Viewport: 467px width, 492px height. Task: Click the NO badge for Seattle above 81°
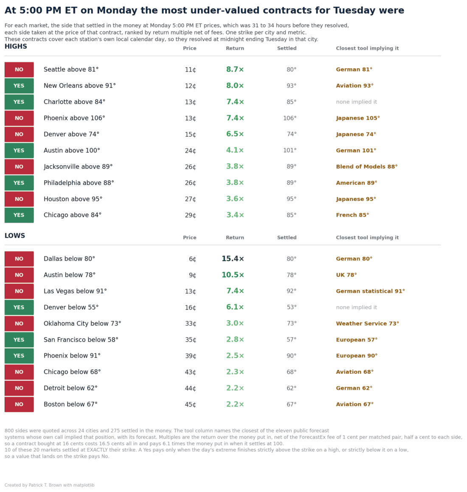(x=19, y=69)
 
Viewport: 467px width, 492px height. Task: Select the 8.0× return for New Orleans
(x=235, y=86)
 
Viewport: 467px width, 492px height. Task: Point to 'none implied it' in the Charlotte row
(x=356, y=102)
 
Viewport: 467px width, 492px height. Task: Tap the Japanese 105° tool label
(x=358, y=118)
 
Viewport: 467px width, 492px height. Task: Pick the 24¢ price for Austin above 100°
(x=190, y=150)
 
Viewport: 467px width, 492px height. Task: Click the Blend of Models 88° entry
(x=367, y=167)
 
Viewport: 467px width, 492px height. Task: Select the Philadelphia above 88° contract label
(x=79, y=183)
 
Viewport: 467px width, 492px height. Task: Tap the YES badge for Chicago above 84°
(x=19, y=215)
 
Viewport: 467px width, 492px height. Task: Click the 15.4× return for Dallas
(x=233, y=259)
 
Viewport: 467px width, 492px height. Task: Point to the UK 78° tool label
(x=346, y=275)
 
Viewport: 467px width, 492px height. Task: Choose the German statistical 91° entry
(x=370, y=291)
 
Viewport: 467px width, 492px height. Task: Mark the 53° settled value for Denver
(x=291, y=307)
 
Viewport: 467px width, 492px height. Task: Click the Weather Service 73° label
(x=367, y=323)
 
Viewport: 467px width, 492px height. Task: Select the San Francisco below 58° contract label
(x=81, y=339)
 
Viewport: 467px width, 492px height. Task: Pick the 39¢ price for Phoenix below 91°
(x=190, y=356)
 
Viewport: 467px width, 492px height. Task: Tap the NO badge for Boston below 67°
(x=19, y=404)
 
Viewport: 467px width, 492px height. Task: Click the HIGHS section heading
(x=16, y=46)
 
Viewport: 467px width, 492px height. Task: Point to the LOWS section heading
(x=15, y=236)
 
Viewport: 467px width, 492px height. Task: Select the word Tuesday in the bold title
(x=354, y=11)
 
